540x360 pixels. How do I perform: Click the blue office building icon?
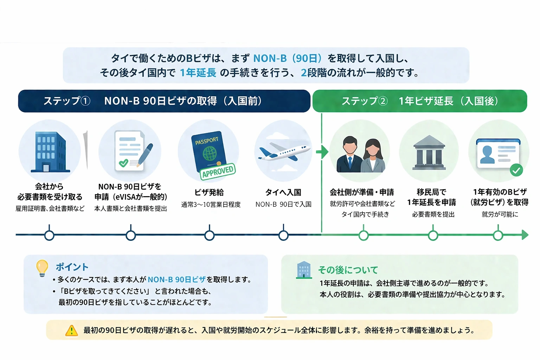50,152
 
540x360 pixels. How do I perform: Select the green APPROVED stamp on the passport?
218,171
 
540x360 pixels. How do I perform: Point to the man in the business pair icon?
349,155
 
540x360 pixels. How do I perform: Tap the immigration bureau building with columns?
429,152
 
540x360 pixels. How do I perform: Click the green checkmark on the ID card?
516,171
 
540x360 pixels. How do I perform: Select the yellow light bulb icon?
42,268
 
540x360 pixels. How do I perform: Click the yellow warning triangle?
72,330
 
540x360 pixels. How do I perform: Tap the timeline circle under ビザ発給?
210,235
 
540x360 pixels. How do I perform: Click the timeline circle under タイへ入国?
283,235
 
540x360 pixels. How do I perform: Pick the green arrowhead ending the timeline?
525,235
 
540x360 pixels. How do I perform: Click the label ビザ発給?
209,192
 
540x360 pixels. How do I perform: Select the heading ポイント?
72,267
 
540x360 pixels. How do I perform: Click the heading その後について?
348,270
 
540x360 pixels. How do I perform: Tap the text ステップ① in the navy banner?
67,101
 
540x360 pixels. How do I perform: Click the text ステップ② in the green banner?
365,101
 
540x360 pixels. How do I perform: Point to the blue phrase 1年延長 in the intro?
198,73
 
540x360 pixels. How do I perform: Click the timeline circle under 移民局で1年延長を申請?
433,235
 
